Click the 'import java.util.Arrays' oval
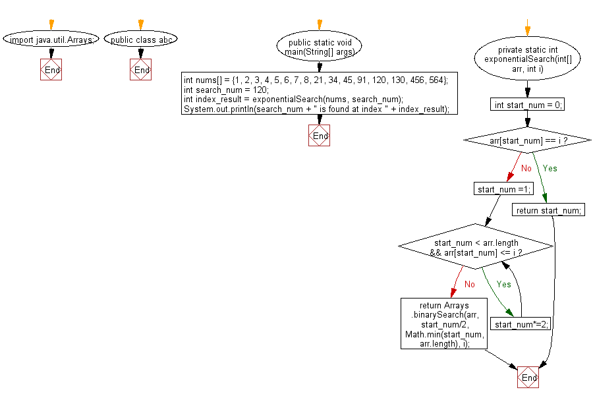[x=51, y=40]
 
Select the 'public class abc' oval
[x=141, y=40]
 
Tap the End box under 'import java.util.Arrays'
[x=51, y=69]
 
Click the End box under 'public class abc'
[x=141, y=69]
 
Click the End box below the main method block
[x=320, y=135]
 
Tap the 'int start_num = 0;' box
[x=526, y=105]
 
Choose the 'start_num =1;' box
[x=503, y=189]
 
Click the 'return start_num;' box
[x=548, y=210]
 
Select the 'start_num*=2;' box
[x=522, y=324]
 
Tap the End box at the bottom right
[x=528, y=378]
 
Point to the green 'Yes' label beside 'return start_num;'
[x=550, y=168]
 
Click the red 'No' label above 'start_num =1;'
[x=526, y=168]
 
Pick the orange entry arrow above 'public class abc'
[x=140, y=24]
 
